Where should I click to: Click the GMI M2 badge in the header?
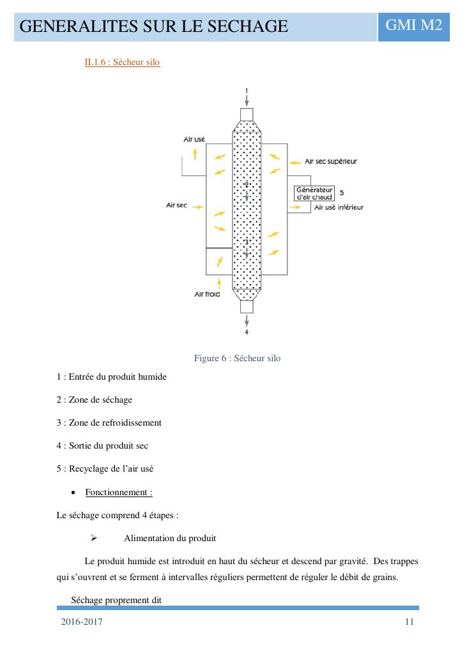(413, 26)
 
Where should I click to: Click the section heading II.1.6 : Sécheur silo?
(122, 63)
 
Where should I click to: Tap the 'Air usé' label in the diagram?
(194, 139)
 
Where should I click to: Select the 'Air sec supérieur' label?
(330, 161)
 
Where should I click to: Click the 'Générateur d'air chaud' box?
(314, 193)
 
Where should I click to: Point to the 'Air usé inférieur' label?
(339, 207)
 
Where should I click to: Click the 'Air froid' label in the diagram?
(207, 294)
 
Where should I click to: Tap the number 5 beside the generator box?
(342, 192)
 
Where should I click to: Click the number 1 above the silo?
(247, 91)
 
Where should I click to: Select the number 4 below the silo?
(247, 332)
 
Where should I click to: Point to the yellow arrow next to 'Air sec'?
(197, 207)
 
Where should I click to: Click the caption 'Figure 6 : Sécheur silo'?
(237, 358)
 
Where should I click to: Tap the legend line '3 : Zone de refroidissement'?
(109, 422)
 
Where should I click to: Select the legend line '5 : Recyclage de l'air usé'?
(105, 468)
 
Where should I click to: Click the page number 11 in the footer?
(410, 622)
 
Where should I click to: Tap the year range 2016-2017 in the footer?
(82, 622)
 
